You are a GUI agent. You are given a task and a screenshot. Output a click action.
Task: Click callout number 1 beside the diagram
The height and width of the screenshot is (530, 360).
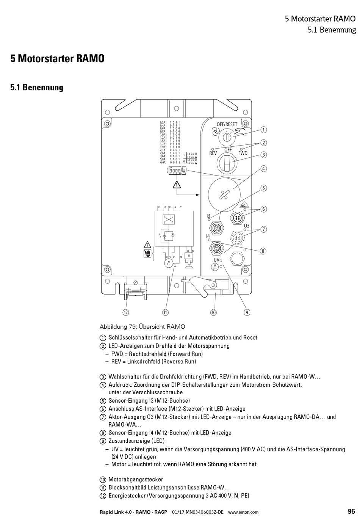click(263, 130)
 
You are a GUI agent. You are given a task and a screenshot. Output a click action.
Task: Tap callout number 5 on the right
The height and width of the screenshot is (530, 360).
click(263, 188)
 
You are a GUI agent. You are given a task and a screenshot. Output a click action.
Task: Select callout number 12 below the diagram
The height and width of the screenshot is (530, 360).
click(125, 312)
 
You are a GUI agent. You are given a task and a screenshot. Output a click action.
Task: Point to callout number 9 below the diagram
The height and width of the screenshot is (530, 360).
click(247, 312)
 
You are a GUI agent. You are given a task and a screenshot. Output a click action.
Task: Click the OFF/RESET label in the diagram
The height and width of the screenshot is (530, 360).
click(227, 124)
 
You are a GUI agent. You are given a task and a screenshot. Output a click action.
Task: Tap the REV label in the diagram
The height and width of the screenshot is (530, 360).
click(213, 154)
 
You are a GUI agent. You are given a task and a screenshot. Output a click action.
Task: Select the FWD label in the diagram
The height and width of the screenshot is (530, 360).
click(243, 154)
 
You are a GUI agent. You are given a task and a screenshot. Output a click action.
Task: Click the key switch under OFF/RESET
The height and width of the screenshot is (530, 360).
click(227, 136)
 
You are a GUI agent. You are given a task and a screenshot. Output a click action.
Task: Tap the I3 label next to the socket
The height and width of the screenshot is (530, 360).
click(208, 216)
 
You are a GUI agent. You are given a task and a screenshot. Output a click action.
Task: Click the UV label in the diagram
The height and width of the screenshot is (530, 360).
click(216, 260)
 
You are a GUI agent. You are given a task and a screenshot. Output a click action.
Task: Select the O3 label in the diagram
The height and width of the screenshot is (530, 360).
click(247, 226)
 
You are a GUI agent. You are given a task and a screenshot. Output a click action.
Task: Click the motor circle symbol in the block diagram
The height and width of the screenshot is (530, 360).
click(168, 263)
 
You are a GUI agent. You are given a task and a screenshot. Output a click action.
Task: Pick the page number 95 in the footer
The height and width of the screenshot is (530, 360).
click(351, 511)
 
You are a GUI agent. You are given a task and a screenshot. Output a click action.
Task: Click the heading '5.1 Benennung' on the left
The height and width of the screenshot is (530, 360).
click(37, 88)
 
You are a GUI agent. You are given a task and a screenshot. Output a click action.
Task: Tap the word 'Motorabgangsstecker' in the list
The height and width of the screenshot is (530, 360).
click(136, 480)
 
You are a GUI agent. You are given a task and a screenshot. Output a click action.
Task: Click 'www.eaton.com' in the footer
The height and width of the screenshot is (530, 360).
click(243, 512)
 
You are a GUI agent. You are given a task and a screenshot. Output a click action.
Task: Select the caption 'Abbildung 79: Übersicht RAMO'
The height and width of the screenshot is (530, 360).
click(142, 326)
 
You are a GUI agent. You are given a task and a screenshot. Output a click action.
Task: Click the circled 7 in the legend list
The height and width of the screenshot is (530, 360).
click(103, 417)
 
